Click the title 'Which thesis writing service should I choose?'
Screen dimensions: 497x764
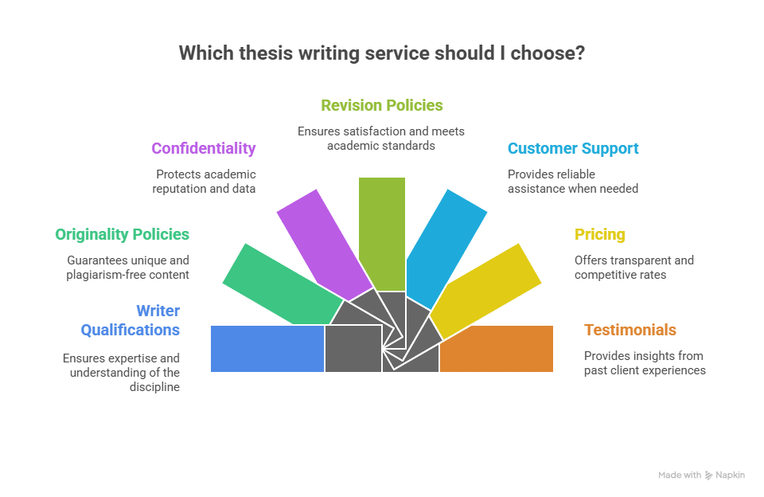[x=382, y=53]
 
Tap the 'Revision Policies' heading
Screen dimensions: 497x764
[x=382, y=105]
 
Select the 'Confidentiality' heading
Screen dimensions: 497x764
[x=204, y=148]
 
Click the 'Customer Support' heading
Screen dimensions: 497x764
[x=573, y=148]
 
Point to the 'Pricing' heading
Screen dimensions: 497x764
[x=600, y=235]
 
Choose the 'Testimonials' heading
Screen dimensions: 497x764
[x=630, y=330]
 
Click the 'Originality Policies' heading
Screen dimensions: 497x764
[x=122, y=235]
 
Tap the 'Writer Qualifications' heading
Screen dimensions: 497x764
[x=130, y=320]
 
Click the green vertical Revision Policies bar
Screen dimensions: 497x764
[x=382, y=231]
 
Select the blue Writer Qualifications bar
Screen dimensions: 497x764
[x=267, y=348]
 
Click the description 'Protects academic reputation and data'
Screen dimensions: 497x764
[x=206, y=182]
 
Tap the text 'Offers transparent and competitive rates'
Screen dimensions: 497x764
[x=634, y=268]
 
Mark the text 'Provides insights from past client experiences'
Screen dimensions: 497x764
[x=645, y=363]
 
